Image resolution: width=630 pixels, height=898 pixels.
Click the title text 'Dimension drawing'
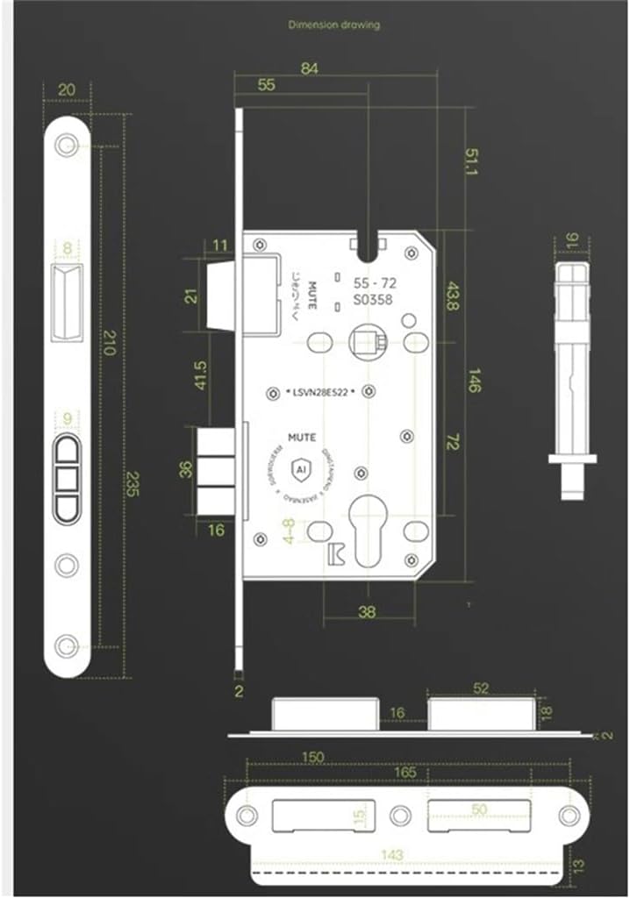(334, 25)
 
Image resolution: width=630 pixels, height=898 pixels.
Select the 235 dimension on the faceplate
(132, 482)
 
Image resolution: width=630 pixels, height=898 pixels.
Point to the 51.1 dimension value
(471, 163)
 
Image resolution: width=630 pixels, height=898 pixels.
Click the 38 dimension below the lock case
(368, 612)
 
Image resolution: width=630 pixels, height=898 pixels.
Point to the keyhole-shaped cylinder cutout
(368, 524)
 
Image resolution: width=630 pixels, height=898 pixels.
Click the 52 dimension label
(481, 689)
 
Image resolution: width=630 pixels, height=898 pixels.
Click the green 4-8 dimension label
(289, 530)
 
